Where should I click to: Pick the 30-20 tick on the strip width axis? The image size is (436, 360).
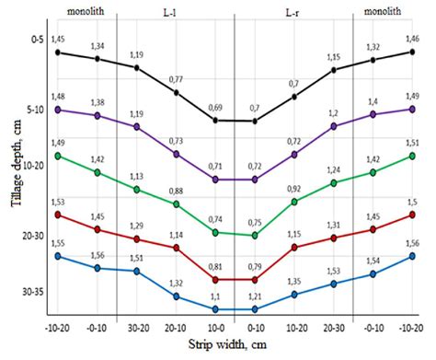click(x=137, y=327)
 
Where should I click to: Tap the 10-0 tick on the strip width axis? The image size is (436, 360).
click(x=215, y=327)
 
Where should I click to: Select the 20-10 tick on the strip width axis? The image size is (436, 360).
click(x=177, y=327)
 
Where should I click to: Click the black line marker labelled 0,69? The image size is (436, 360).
click(x=215, y=121)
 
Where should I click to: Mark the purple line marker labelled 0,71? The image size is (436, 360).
click(x=215, y=180)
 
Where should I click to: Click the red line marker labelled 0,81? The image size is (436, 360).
click(x=215, y=279)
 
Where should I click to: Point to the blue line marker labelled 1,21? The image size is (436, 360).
click(x=255, y=309)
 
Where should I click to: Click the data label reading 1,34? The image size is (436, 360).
click(x=98, y=45)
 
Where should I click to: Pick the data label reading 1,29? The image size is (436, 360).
click(x=137, y=226)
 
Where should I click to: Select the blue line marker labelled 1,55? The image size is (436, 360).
click(x=58, y=255)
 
